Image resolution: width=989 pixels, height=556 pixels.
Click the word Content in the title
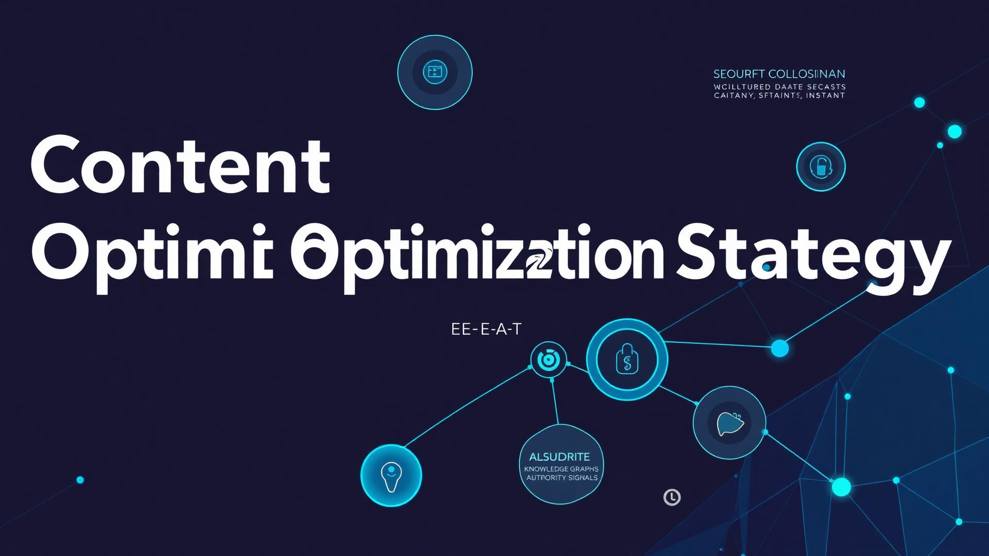[x=180, y=165]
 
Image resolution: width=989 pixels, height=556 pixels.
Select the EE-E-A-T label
[x=486, y=329]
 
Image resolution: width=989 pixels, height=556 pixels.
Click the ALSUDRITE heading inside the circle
[x=559, y=457]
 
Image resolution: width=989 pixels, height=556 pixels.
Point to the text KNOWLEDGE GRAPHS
[x=561, y=469]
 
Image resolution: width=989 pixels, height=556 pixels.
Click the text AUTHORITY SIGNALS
[x=561, y=478]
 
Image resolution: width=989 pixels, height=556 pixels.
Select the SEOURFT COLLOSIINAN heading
[x=779, y=74]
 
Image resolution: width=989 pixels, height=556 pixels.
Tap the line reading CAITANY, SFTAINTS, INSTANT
[x=779, y=95]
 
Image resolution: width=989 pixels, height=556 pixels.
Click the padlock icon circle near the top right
[x=821, y=167]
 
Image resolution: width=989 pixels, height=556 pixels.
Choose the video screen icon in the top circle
[x=435, y=72]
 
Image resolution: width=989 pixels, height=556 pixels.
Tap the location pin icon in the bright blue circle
[x=391, y=475]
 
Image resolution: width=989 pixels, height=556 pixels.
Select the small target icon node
[x=548, y=359]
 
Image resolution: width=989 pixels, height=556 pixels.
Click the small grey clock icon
[x=672, y=497]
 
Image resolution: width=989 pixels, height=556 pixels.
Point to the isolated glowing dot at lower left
[x=80, y=480]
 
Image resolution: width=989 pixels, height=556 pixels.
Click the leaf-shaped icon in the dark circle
[x=729, y=423]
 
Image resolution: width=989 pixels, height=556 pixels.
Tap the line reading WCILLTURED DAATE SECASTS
[x=779, y=87]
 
